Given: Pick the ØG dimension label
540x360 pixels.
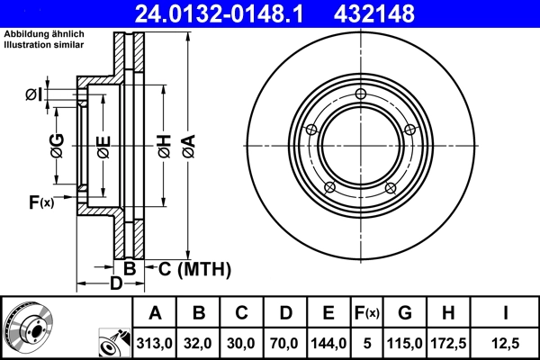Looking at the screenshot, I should pos(57,144).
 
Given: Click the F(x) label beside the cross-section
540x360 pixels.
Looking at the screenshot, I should pos(41,202).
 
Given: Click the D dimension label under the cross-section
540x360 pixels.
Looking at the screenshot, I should pos(115,285).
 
